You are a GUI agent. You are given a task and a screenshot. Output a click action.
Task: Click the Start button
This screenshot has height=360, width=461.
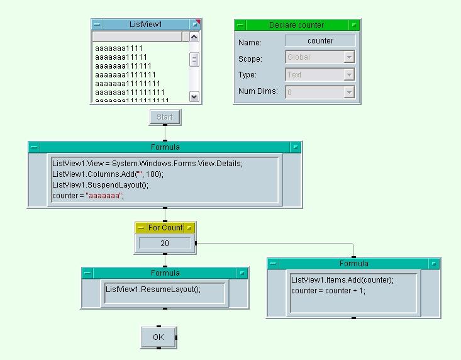point(165,117)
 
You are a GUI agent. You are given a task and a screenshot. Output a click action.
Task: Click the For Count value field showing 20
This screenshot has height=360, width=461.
point(165,243)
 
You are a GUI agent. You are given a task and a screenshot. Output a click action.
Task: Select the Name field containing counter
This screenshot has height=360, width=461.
point(320,41)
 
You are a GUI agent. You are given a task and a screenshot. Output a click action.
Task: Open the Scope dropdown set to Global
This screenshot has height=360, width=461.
point(349,57)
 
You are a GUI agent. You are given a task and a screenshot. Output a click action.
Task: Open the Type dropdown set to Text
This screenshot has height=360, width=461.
point(349,75)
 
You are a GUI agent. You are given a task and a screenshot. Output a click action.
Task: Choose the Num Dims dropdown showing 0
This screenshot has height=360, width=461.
point(349,92)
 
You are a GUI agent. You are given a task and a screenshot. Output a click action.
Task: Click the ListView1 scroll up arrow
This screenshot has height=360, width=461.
point(194,37)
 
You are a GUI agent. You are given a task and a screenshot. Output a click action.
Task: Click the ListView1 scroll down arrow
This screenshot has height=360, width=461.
point(194,96)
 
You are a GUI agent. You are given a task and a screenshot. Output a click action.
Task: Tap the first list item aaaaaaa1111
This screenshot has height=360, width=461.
point(119,48)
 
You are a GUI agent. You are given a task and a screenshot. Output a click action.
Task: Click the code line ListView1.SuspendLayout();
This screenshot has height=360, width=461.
point(101,185)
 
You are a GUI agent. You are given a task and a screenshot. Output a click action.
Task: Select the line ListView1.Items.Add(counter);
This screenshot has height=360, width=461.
point(342,280)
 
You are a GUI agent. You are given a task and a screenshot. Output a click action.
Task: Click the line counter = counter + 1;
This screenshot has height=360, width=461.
point(328,291)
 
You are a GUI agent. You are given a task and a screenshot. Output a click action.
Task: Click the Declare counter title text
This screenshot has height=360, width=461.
point(296,25)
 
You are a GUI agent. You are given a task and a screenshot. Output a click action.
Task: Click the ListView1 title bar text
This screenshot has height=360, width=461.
point(145,25)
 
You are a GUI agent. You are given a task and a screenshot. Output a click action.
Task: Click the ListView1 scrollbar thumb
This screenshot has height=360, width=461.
point(194,59)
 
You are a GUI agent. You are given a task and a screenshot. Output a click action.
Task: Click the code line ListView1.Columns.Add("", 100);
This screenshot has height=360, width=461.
point(108,174)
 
